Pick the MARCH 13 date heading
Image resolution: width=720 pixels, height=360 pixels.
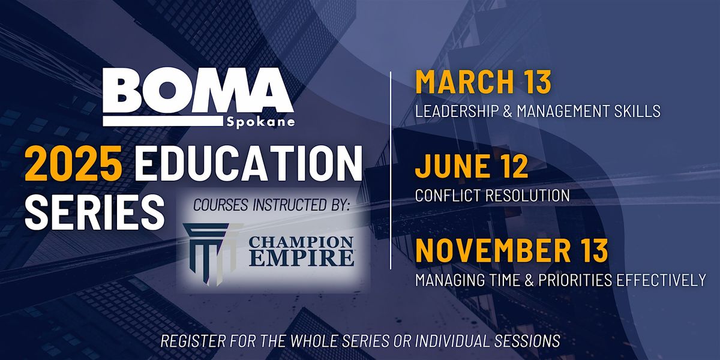484,83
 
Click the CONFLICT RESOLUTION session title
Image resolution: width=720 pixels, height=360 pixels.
492,195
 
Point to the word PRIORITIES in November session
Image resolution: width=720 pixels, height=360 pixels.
575,279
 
